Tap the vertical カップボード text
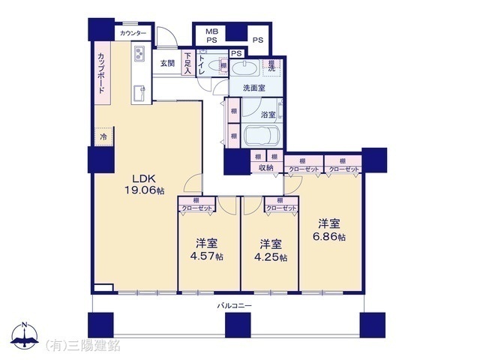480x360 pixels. [100, 73]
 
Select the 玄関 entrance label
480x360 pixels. [166, 64]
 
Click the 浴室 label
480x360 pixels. [268, 115]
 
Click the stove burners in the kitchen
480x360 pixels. [139, 53]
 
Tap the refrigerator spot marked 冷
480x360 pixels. [103, 137]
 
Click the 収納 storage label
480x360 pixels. [267, 169]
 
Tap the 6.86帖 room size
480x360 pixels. [331, 236]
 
